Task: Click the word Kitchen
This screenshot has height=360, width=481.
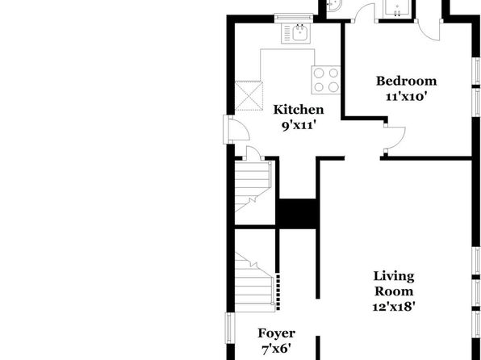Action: pyautogui.click(x=298, y=110)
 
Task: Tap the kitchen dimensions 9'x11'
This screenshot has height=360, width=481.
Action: pyautogui.click(x=299, y=125)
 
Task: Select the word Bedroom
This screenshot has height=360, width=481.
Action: pyautogui.click(x=407, y=81)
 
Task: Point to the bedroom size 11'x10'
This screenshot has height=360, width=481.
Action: pyautogui.click(x=407, y=97)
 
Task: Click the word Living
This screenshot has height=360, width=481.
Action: pyautogui.click(x=394, y=276)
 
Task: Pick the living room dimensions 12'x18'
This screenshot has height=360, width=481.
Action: pyautogui.click(x=394, y=306)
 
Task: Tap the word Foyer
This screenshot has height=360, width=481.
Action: pyautogui.click(x=276, y=333)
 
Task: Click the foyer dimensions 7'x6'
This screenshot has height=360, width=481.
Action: pyautogui.click(x=276, y=349)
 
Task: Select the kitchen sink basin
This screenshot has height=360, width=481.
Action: pyautogui.click(x=300, y=32)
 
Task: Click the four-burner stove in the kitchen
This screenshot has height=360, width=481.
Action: pyautogui.click(x=326, y=80)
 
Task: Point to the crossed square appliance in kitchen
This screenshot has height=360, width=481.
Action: pyautogui.click(x=249, y=95)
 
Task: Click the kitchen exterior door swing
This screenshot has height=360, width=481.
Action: pyautogui.click(x=239, y=129)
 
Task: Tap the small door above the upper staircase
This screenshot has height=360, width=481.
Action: pyautogui.click(x=253, y=153)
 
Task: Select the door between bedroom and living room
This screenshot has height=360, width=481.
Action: pyautogui.click(x=395, y=138)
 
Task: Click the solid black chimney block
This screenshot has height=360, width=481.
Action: pyautogui.click(x=298, y=214)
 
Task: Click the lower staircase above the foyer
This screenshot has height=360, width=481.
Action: pyautogui.click(x=254, y=282)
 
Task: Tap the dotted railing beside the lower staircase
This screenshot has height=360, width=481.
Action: pyautogui.click(x=278, y=291)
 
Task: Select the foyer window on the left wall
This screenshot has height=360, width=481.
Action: pyautogui.click(x=230, y=328)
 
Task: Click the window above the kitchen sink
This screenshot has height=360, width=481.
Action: pyautogui.click(x=294, y=18)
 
